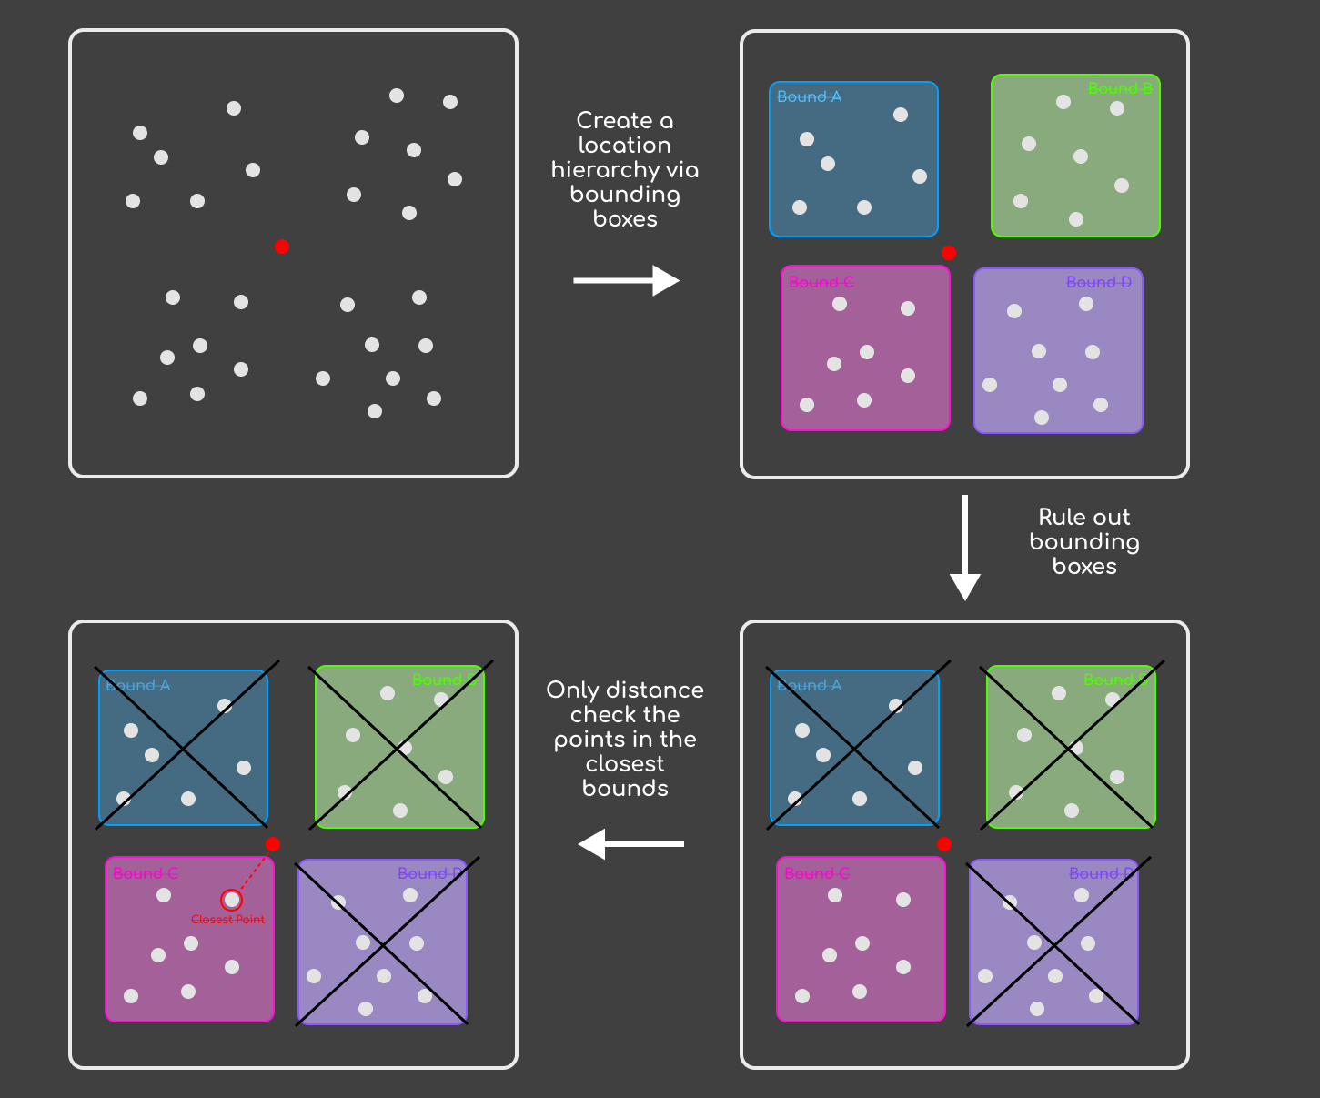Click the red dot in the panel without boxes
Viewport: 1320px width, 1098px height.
click(282, 247)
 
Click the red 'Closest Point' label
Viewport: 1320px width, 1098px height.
click(227, 920)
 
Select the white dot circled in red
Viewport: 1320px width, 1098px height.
click(232, 900)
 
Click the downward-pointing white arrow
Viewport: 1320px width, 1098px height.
click(965, 547)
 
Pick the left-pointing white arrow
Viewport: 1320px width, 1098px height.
click(630, 844)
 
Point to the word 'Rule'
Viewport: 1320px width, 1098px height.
click(1060, 518)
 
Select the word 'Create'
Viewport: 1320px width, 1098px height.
click(614, 121)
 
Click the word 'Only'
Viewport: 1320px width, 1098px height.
click(571, 690)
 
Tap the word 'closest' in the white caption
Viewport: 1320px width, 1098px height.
click(625, 764)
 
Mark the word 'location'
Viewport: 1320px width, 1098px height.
click(625, 146)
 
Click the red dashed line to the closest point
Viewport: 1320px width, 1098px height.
click(254, 871)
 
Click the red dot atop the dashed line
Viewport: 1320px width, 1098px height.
click(272, 844)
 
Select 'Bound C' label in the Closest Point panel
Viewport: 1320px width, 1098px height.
click(146, 873)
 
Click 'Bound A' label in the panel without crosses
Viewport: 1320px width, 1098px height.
click(809, 96)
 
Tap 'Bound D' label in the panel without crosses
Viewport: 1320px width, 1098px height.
click(1099, 282)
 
